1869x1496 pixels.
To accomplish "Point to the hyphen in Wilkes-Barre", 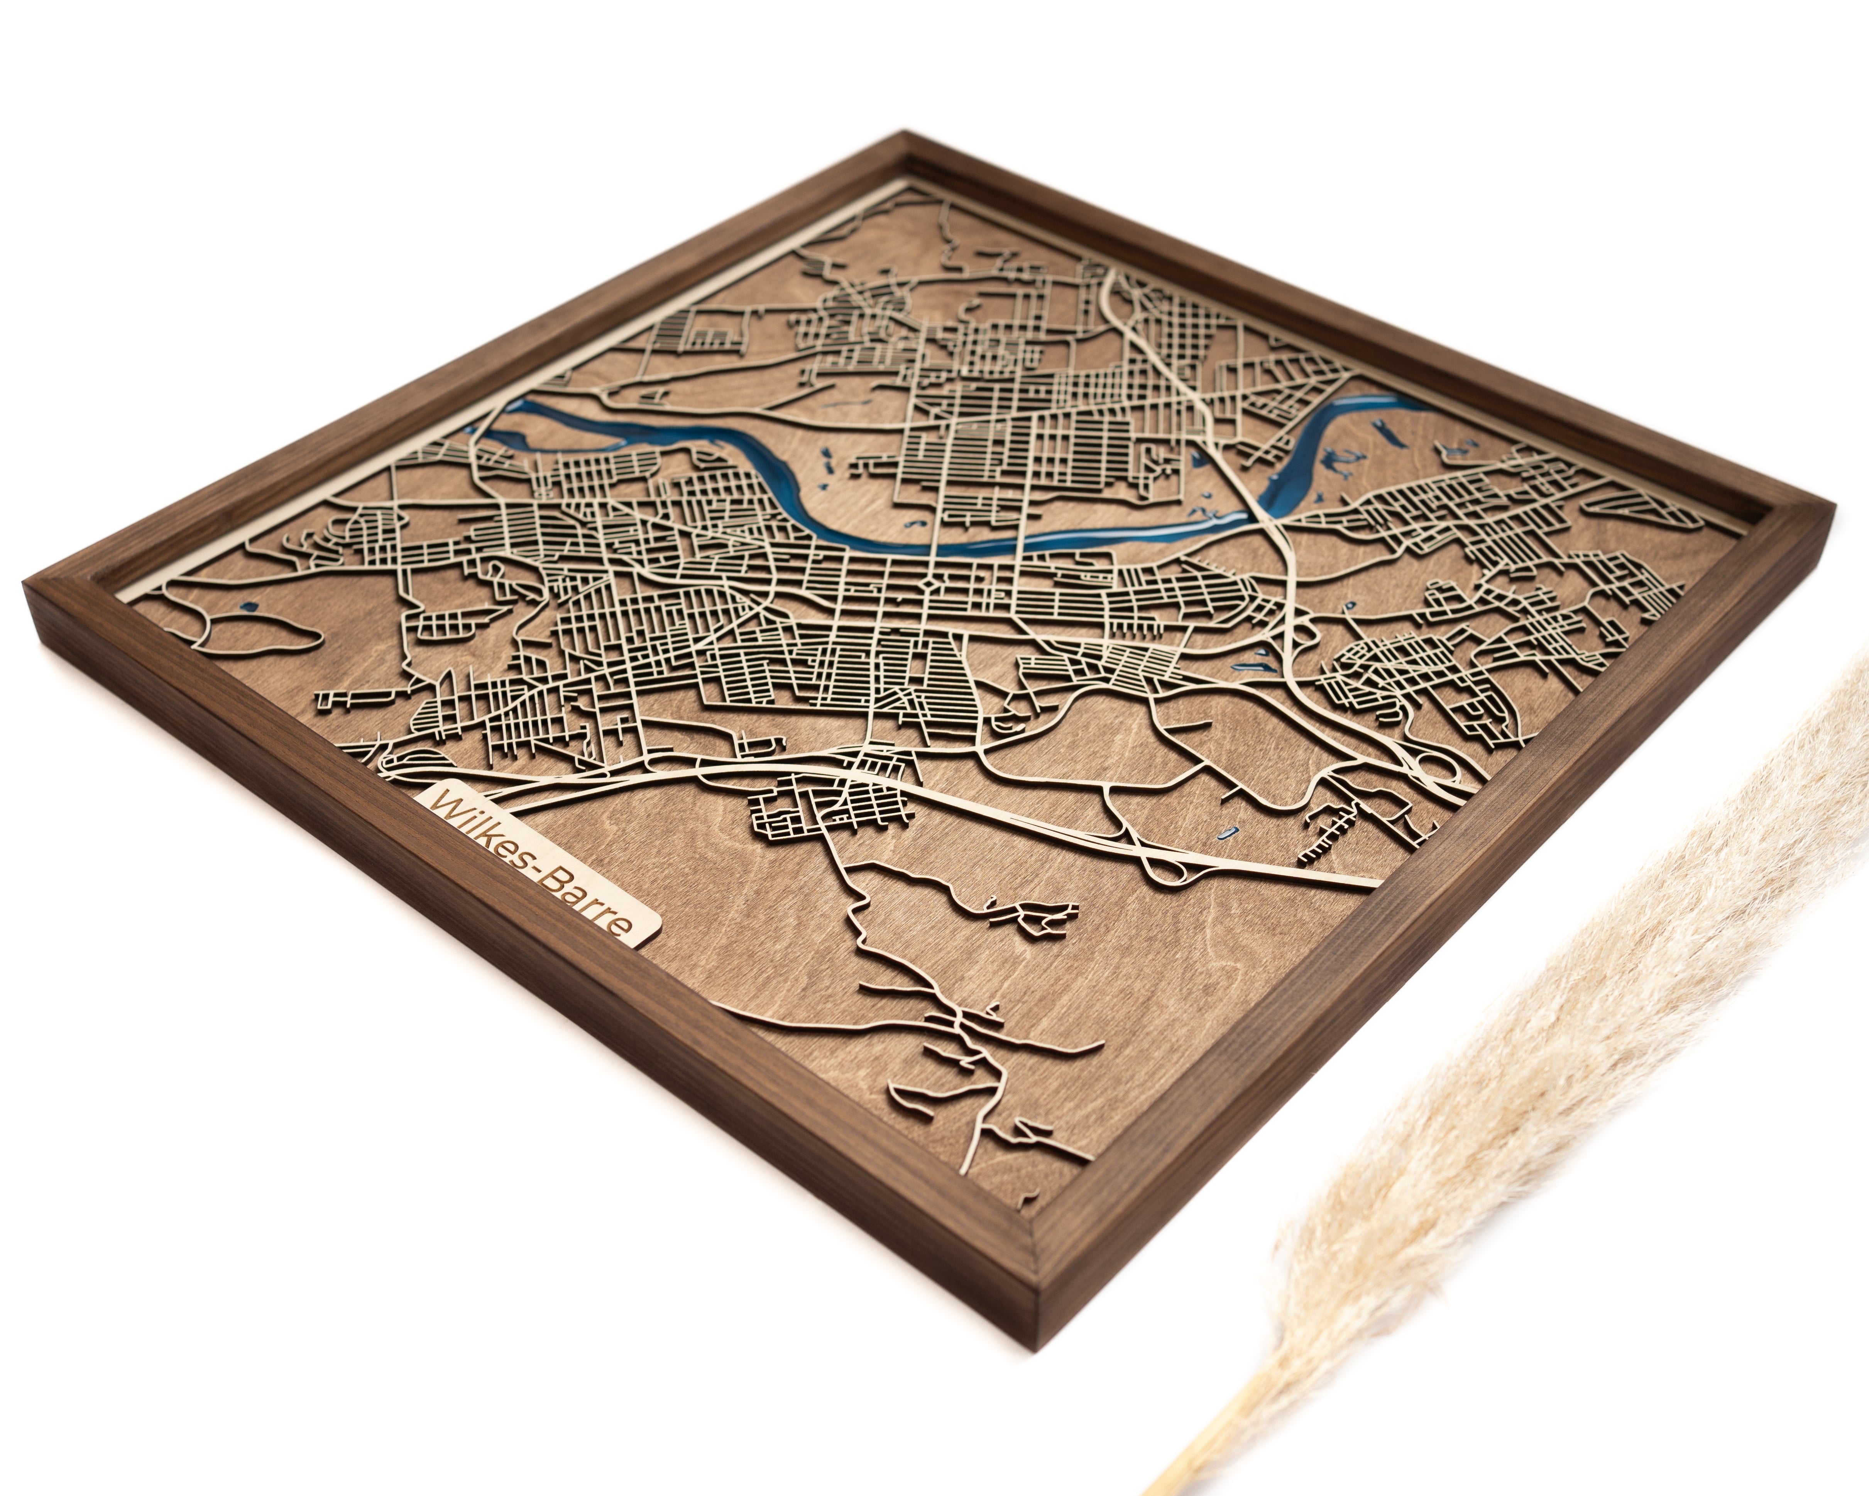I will click(x=539, y=867).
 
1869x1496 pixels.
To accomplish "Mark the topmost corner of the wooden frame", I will click(x=906, y=134).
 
